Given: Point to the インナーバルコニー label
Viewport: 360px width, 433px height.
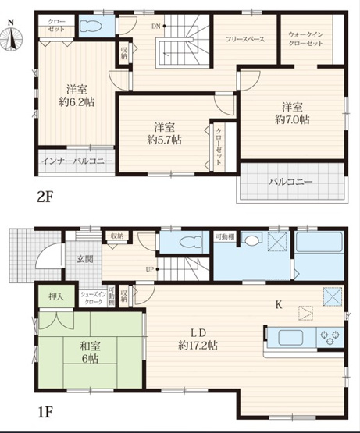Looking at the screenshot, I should pyautogui.click(x=75, y=161).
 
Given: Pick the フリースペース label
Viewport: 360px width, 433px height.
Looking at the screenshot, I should pyautogui.click(x=244, y=38).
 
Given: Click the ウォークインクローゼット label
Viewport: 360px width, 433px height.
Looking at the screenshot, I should pyautogui.click(x=306, y=39).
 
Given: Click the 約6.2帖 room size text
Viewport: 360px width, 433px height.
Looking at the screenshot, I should pyautogui.click(x=76, y=101).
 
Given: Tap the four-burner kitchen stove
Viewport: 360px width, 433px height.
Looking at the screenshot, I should pyautogui.click(x=330, y=337).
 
